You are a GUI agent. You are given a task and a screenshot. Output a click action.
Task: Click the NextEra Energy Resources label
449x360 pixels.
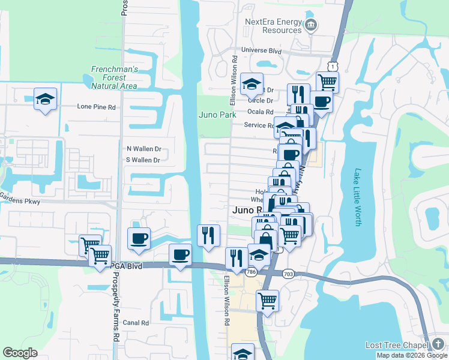point(273,26)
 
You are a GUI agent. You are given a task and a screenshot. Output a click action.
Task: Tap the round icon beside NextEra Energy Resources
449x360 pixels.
point(311,25)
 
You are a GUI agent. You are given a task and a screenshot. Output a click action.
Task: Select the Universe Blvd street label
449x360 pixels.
point(262,51)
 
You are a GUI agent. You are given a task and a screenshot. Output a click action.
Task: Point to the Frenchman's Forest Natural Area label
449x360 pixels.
point(115,77)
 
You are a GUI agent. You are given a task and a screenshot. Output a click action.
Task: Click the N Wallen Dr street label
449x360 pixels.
point(144,148)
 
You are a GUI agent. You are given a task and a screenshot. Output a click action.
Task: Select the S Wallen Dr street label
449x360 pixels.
point(143,160)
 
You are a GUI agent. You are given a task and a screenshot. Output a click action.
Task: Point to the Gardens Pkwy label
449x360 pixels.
point(20,202)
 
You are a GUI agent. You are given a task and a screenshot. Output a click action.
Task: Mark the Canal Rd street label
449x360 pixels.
point(136,323)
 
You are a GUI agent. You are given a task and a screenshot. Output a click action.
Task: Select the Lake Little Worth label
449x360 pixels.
point(358,196)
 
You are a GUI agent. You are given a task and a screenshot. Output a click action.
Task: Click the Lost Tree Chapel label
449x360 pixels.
point(396,345)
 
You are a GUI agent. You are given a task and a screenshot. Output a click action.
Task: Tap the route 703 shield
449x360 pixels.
point(288,274)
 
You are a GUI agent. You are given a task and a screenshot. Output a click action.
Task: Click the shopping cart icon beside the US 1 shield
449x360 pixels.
point(327,82)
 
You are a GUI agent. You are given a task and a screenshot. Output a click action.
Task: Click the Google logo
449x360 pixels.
point(20,353)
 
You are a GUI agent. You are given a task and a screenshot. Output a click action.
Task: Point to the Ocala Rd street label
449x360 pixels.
point(261,112)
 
